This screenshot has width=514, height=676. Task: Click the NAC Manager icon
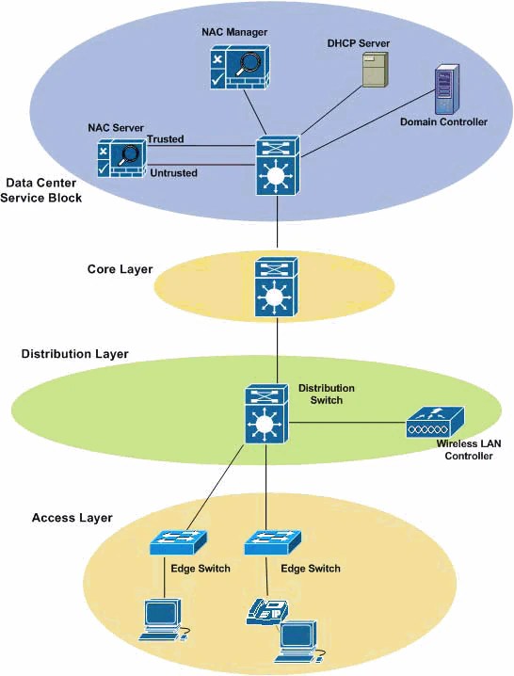click(x=237, y=69)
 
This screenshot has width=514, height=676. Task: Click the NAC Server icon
click(x=120, y=158)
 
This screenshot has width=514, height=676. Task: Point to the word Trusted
click(x=165, y=139)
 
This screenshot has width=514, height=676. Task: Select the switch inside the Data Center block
click(x=277, y=166)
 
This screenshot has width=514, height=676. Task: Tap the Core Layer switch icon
click(x=277, y=286)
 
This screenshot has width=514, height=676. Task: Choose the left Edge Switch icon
click(x=178, y=543)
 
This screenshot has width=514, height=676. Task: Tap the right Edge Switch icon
click(x=272, y=543)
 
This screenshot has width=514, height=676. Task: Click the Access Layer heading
click(x=72, y=518)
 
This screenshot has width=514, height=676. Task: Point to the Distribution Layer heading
click(x=74, y=354)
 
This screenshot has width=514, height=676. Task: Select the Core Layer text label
click(x=113, y=269)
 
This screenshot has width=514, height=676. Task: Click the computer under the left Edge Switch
click(x=162, y=618)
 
